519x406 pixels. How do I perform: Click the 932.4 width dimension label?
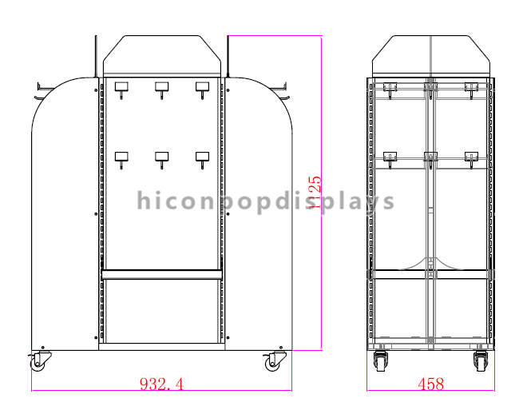161,384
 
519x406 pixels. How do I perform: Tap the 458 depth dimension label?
430,384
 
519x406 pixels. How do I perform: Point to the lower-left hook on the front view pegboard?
122,159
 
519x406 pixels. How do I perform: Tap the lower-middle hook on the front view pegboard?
161,159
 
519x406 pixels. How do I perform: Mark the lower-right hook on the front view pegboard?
201,159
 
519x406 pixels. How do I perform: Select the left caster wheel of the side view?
381,361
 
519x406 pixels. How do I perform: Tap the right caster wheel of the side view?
481,361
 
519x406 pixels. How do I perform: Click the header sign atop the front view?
161,54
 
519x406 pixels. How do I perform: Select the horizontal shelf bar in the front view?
161,274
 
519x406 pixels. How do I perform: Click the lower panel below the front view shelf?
161,312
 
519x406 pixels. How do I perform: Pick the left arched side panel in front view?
64,216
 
